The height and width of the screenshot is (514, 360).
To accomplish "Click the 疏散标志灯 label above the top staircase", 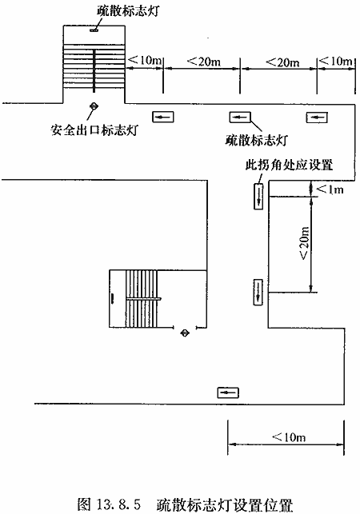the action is (x=128, y=11).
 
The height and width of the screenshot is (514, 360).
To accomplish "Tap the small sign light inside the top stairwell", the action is (x=94, y=30).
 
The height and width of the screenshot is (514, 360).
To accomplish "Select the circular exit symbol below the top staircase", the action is (x=94, y=106).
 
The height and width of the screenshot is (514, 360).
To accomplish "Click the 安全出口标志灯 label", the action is (x=94, y=129).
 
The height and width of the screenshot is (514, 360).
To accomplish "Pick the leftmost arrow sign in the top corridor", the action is (x=162, y=117).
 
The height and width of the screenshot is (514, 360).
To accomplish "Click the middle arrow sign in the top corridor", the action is (x=240, y=117).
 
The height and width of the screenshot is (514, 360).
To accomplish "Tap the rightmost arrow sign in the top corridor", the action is (x=317, y=117).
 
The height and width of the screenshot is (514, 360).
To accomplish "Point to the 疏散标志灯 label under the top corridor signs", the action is (x=256, y=140).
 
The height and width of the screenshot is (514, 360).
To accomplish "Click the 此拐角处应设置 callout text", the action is (x=289, y=164).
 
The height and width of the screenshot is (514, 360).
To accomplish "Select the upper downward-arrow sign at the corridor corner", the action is (x=258, y=196).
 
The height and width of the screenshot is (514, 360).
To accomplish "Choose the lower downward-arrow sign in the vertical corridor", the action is (x=258, y=292).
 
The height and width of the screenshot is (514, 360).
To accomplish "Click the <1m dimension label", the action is (x=330, y=189).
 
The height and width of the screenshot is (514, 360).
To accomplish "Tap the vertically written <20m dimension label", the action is (x=304, y=243).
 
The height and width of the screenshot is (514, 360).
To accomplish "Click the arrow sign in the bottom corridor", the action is (x=228, y=392).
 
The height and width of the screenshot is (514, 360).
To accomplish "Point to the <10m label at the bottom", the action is (x=289, y=436).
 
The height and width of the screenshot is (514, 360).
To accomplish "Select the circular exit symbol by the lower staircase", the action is (x=185, y=333).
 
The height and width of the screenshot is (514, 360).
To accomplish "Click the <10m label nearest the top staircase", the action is (x=145, y=60).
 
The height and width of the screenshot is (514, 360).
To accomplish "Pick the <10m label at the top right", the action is (x=336, y=61).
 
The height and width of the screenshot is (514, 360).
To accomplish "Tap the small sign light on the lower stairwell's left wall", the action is (x=113, y=299).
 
